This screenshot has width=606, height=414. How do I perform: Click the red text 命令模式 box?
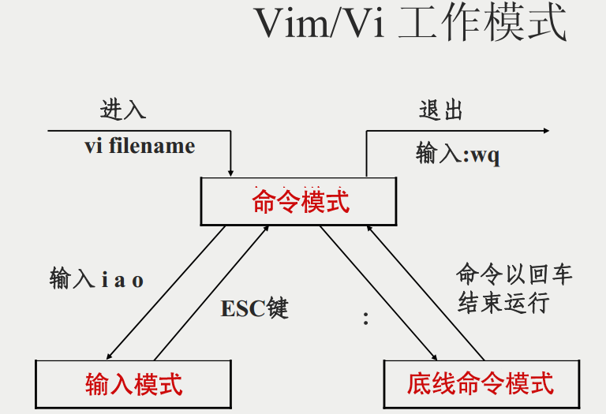[301, 202]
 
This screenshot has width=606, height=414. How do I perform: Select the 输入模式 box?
[134, 384]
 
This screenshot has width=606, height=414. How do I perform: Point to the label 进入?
[123, 110]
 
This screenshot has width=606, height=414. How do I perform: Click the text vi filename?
[139, 146]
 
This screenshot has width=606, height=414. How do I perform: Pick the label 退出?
[440, 110]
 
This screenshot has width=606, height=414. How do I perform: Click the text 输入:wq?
[458, 154]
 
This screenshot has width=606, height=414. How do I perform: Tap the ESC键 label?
[255, 308]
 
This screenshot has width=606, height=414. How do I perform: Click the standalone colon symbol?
[365, 319]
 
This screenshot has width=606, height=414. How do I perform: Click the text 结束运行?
[503, 304]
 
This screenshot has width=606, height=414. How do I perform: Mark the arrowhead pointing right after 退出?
[545, 130]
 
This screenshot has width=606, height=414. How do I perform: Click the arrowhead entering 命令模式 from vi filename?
[230, 171]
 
